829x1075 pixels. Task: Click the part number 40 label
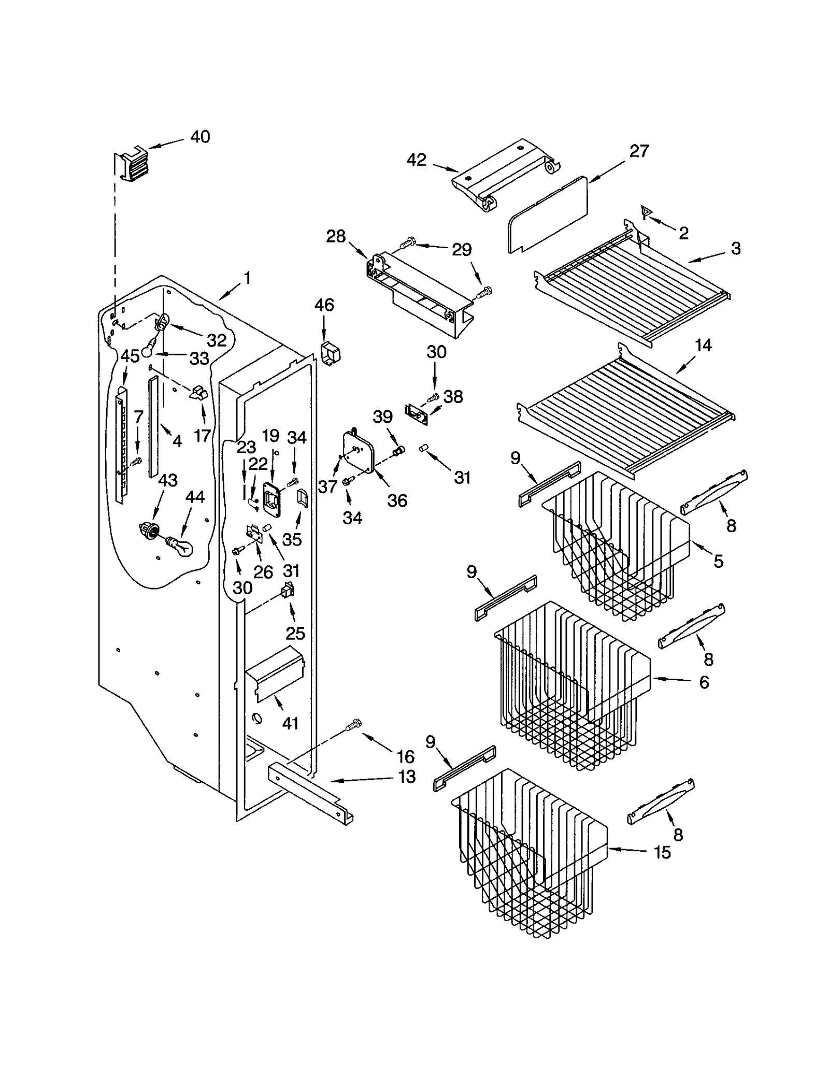(200, 137)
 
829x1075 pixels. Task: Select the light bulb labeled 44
(179, 545)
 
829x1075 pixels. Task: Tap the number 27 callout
(639, 151)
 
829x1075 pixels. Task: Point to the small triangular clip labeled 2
(646, 212)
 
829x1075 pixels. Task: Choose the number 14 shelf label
(703, 345)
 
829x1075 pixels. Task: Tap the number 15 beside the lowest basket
(662, 852)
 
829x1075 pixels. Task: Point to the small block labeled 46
(331, 353)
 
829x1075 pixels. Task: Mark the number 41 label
(290, 723)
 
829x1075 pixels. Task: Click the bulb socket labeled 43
(149, 531)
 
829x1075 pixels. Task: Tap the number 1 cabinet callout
(247, 278)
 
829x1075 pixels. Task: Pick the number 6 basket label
(704, 682)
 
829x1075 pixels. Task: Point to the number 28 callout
(336, 236)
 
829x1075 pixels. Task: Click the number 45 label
(130, 356)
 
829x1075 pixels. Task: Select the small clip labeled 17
(198, 393)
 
